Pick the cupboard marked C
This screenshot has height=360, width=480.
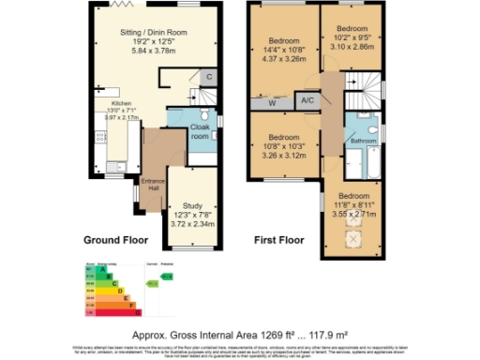(x=209, y=77)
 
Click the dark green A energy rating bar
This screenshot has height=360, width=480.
(x=94, y=270)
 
